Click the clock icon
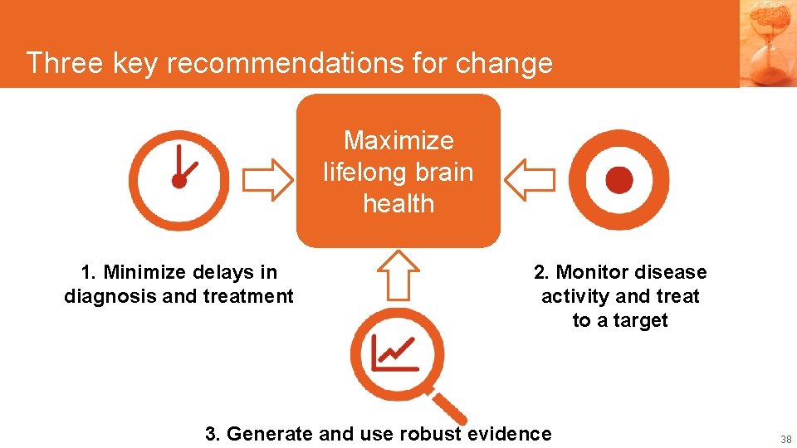(x=179, y=180)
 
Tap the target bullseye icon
(x=619, y=180)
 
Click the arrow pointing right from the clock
(x=267, y=180)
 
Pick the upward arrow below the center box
(x=398, y=275)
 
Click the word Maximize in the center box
(x=398, y=140)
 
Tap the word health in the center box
(x=398, y=203)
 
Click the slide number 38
(x=786, y=439)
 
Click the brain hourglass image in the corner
(x=768, y=41)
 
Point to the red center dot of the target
(x=619, y=180)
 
